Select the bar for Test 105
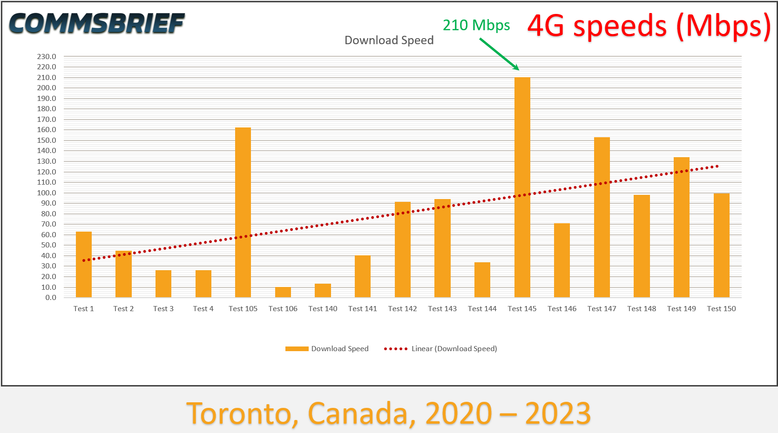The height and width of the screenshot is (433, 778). [x=243, y=212]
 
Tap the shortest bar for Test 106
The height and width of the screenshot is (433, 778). [x=283, y=292]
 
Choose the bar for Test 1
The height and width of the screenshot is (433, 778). [x=84, y=264]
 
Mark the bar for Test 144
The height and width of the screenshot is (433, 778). [x=482, y=280]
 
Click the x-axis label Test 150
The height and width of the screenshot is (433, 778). [x=721, y=308]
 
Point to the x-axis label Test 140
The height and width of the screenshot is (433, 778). [x=323, y=308]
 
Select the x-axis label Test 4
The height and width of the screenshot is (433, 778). [x=203, y=308]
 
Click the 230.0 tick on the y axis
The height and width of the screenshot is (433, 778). [x=47, y=56]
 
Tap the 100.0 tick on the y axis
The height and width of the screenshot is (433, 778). [x=47, y=193]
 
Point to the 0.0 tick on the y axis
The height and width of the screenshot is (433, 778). [x=51, y=298]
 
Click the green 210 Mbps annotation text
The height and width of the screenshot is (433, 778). [x=476, y=25]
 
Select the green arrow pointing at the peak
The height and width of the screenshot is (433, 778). [x=499, y=54]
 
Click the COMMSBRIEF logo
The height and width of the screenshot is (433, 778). [x=97, y=23]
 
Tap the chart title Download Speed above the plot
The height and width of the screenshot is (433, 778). [x=389, y=40]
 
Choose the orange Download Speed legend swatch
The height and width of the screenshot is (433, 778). [x=297, y=349]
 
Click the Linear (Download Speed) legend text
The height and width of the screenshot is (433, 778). [x=454, y=349]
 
